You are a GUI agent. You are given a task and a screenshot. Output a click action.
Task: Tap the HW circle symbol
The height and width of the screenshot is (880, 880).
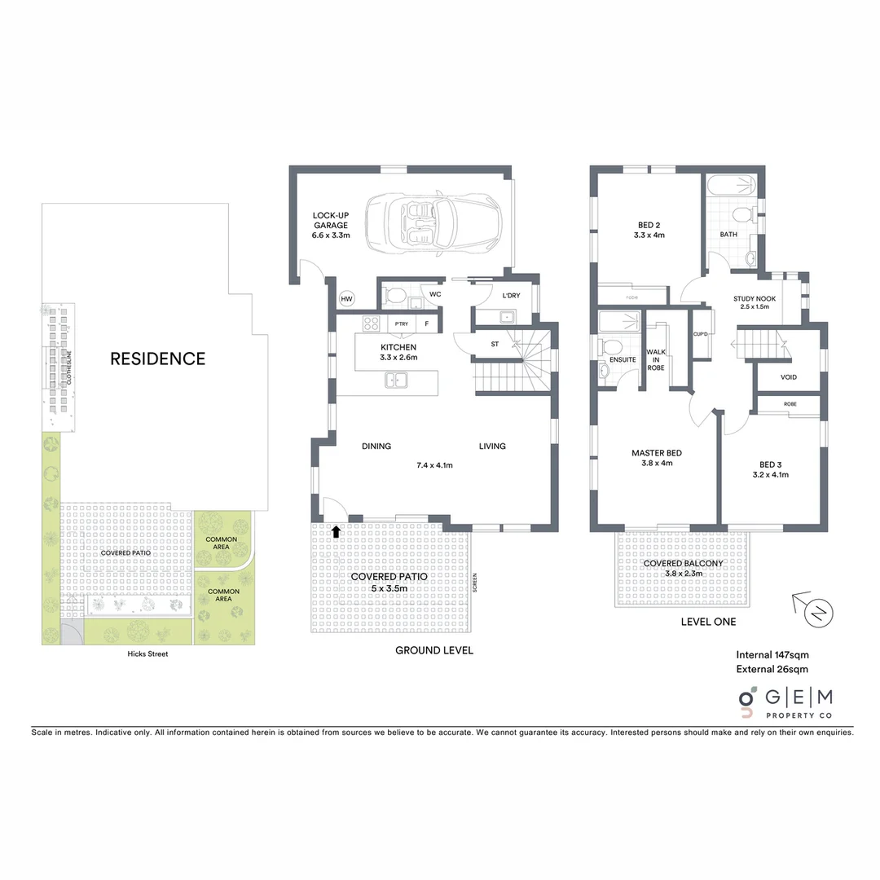pyautogui.click(x=346, y=299)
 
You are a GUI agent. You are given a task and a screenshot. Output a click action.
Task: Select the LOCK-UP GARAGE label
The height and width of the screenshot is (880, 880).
pyautogui.click(x=330, y=225)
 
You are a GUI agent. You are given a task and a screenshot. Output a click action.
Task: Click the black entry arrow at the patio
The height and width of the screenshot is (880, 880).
pyautogui.click(x=336, y=532)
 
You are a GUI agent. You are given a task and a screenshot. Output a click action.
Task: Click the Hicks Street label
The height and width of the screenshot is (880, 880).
pyautogui.click(x=147, y=653)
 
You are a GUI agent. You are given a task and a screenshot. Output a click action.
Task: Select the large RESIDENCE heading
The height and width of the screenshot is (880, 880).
pyautogui.click(x=158, y=358)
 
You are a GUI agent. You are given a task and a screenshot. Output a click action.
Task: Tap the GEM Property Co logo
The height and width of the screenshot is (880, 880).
pyautogui.click(x=785, y=702)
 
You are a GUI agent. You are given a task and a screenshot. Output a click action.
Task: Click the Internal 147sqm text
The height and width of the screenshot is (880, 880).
pyautogui.click(x=772, y=654)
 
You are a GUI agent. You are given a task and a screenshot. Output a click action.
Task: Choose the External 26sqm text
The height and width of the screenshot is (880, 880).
pyautogui.click(x=772, y=670)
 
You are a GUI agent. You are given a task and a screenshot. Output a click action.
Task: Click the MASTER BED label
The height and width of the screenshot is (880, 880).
pyautogui.click(x=657, y=458)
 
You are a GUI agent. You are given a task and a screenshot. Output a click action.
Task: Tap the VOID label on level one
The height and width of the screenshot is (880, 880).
pyautogui.click(x=789, y=377)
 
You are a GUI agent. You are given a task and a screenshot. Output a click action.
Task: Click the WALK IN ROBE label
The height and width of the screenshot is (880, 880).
pyautogui.click(x=656, y=360)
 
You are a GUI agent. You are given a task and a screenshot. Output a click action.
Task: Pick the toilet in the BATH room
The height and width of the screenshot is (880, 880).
pyautogui.click(x=741, y=215)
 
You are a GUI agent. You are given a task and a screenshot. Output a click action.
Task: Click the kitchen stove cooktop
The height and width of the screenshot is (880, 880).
pyautogui.click(x=372, y=323)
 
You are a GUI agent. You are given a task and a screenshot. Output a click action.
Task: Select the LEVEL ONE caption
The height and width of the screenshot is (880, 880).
pyautogui.click(x=708, y=622)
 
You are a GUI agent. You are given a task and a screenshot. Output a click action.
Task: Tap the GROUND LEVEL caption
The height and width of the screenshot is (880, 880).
pyautogui.click(x=433, y=650)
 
